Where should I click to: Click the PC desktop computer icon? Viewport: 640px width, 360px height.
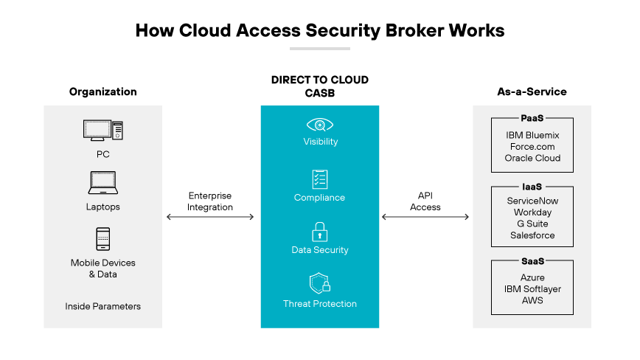[x=102, y=131]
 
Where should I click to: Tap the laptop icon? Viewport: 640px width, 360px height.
[x=102, y=182]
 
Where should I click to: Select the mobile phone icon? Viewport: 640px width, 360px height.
[x=103, y=239]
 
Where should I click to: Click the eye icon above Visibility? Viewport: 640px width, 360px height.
[x=319, y=125]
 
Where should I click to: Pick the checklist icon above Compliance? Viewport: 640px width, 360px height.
[x=319, y=179]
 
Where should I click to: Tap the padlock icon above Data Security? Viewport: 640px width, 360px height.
[x=319, y=232]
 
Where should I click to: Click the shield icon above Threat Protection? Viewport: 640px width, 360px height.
[x=319, y=284]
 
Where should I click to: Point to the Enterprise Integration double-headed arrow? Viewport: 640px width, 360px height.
[x=210, y=217]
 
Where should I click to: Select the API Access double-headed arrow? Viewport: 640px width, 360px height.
[x=425, y=217]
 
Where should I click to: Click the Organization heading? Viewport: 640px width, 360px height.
[x=103, y=92]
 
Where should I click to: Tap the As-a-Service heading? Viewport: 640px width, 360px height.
[x=532, y=92]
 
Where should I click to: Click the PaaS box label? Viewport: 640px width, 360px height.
[x=532, y=118]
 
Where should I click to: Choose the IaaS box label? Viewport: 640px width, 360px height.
[x=532, y=187]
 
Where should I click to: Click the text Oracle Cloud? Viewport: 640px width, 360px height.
[x=532, y=158]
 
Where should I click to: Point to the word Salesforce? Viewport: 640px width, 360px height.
[x=532, y=235]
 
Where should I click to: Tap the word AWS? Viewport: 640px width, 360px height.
[x=532, y=300]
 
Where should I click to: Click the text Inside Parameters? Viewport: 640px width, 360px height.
[x=102, y=306]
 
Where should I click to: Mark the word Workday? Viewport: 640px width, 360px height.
[x=532, y=212]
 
